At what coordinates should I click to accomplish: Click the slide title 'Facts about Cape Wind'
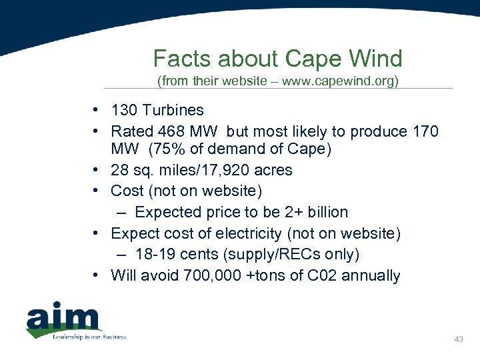click(x=277, y=59)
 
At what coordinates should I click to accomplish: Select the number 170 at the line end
click(x=425, y=131)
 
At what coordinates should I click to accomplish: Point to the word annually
click(x=371, y=275)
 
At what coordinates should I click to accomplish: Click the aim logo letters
click(x=63, y=319)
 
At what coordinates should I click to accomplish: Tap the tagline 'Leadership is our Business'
click(x=89, y=337)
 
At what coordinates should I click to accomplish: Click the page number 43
click(x=458, y=340)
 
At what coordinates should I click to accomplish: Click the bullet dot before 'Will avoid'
click(x=97, y=275)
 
